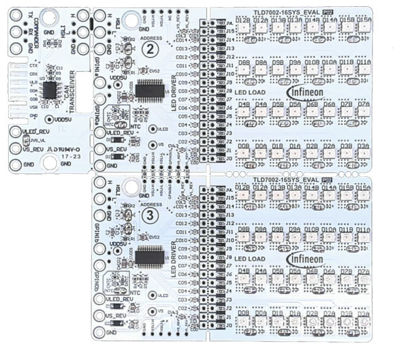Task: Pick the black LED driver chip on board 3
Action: click(x=150, y=255)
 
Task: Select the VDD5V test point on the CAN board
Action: click(x=50, y=118)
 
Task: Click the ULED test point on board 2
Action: click(x=153, y=129)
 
